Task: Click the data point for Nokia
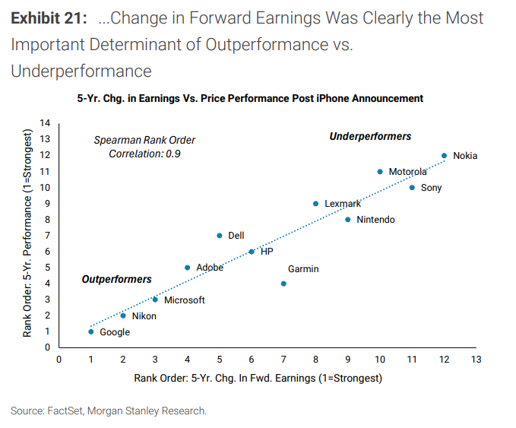444,155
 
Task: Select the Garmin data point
283,284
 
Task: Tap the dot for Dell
219,236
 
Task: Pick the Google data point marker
91,331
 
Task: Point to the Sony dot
412,187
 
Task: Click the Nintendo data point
348,220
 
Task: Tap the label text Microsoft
185,300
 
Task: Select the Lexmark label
343,204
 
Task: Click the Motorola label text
408,172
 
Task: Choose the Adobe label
210,268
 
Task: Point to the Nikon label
144,316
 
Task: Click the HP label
267,252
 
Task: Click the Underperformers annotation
370,137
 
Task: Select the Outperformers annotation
116,280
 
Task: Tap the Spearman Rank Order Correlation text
144,147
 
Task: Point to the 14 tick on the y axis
44,123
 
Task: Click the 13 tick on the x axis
476,359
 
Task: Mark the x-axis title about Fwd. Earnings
258,378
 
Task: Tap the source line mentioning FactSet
109,411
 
